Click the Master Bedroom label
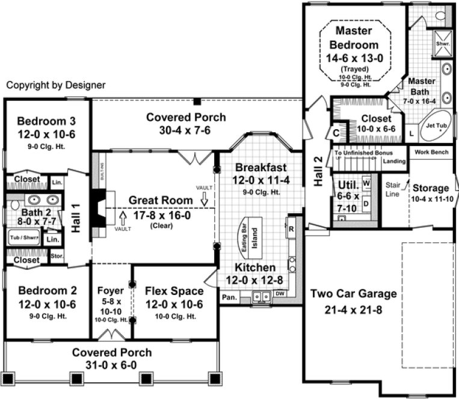[353, 37]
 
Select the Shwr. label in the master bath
[443, 44]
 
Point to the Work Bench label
[431, 152]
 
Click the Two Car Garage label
[353, 294]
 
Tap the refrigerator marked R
[291, 229]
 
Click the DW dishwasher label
[279, 294]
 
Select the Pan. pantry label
[228, 297]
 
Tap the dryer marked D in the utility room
[366, 202]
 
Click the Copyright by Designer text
[56, 85]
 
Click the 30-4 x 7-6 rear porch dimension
[186, 130]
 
